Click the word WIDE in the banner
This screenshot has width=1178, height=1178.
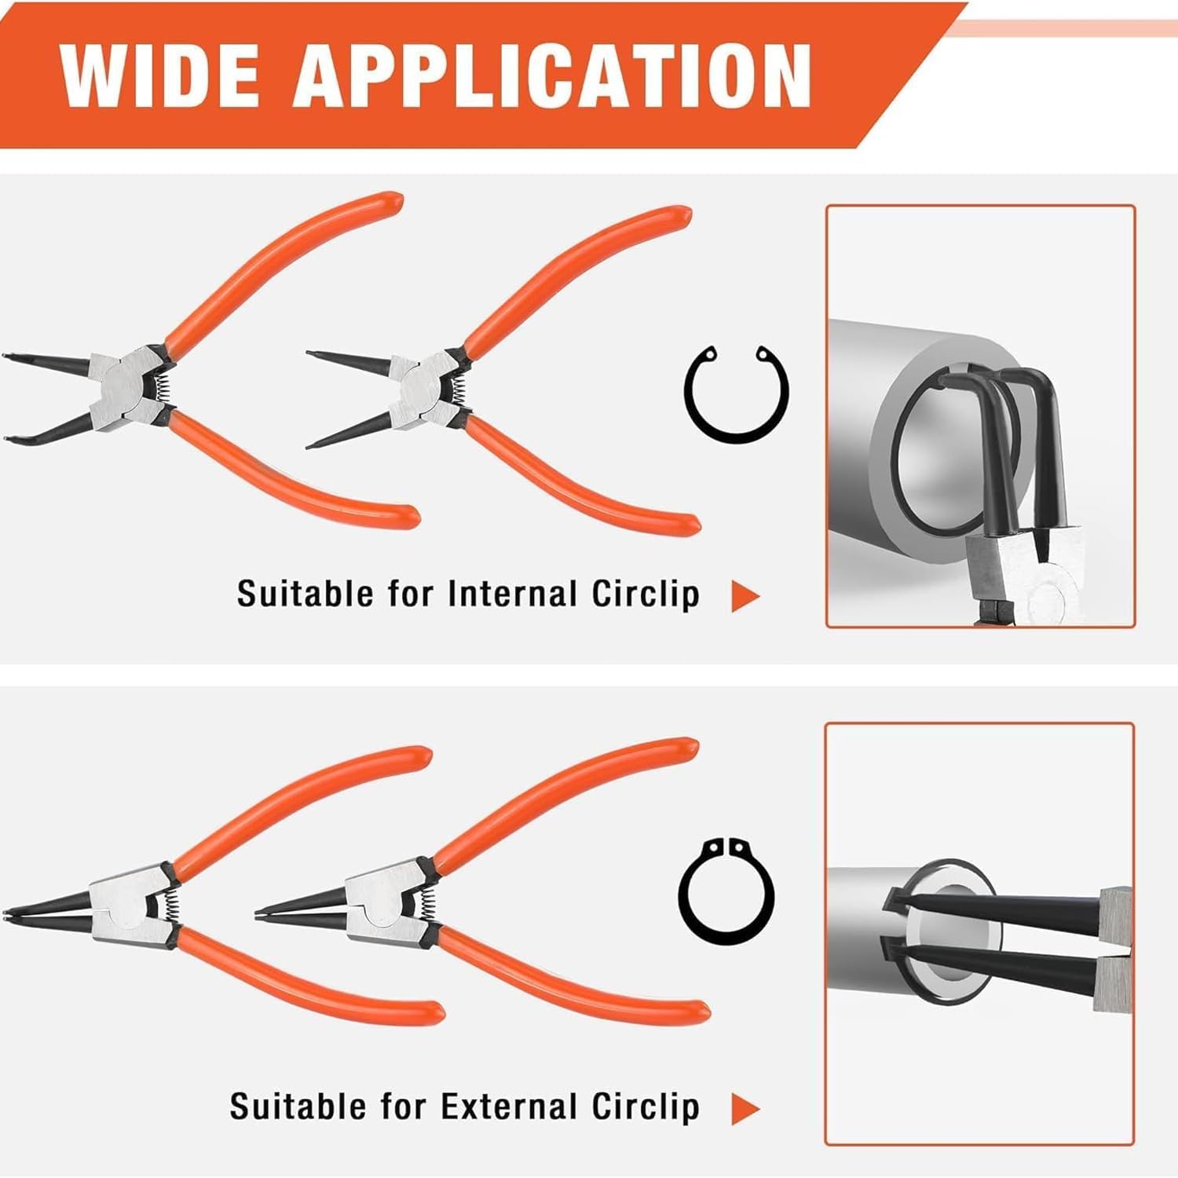(159, 75)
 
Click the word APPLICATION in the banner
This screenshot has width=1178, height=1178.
(552, 75)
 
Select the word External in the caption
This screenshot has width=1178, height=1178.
(508, 1107)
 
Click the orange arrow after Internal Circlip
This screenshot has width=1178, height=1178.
(744, 596)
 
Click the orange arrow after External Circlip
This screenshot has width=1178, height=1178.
(744, 1109)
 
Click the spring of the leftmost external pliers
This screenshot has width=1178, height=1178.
(171, 907)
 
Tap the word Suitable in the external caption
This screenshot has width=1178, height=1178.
(299, 1107)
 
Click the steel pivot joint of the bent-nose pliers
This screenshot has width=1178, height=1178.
(125, 384)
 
